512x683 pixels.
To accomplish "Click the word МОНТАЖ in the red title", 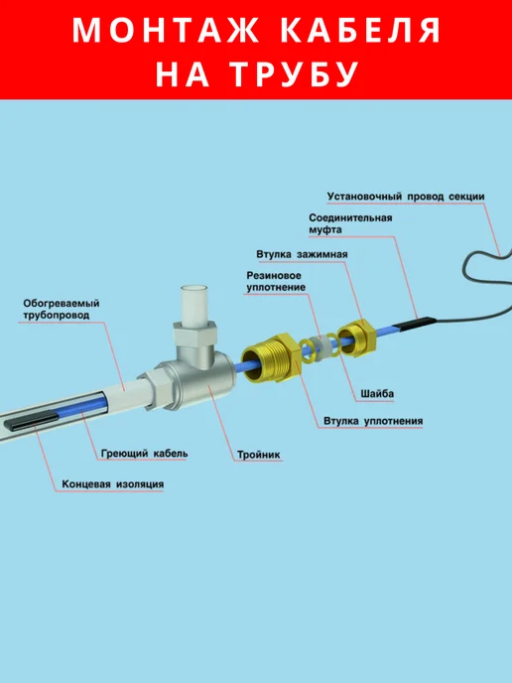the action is click(166, 30).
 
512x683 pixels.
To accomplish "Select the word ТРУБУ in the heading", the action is click(294, 74).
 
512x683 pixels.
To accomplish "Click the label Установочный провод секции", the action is click(406, 197).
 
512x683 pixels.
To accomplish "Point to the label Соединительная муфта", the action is click(350, 224).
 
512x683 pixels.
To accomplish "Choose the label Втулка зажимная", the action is click(302, 254).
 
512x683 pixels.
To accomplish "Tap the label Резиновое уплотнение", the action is click(276, 281).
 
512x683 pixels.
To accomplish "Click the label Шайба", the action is click(377, 394).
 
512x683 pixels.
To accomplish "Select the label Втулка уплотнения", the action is click(373, 421).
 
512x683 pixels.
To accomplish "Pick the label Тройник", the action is click(259, 456).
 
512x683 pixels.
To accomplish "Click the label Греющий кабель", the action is click(145, 454).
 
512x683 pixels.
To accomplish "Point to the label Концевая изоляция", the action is click(113, 483).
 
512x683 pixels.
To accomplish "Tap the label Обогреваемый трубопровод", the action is click(62, 309).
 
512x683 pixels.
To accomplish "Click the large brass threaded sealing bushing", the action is click(270, 358).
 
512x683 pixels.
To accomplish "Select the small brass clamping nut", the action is click(356, 339).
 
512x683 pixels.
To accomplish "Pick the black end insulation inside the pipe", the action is click(32, 422).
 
